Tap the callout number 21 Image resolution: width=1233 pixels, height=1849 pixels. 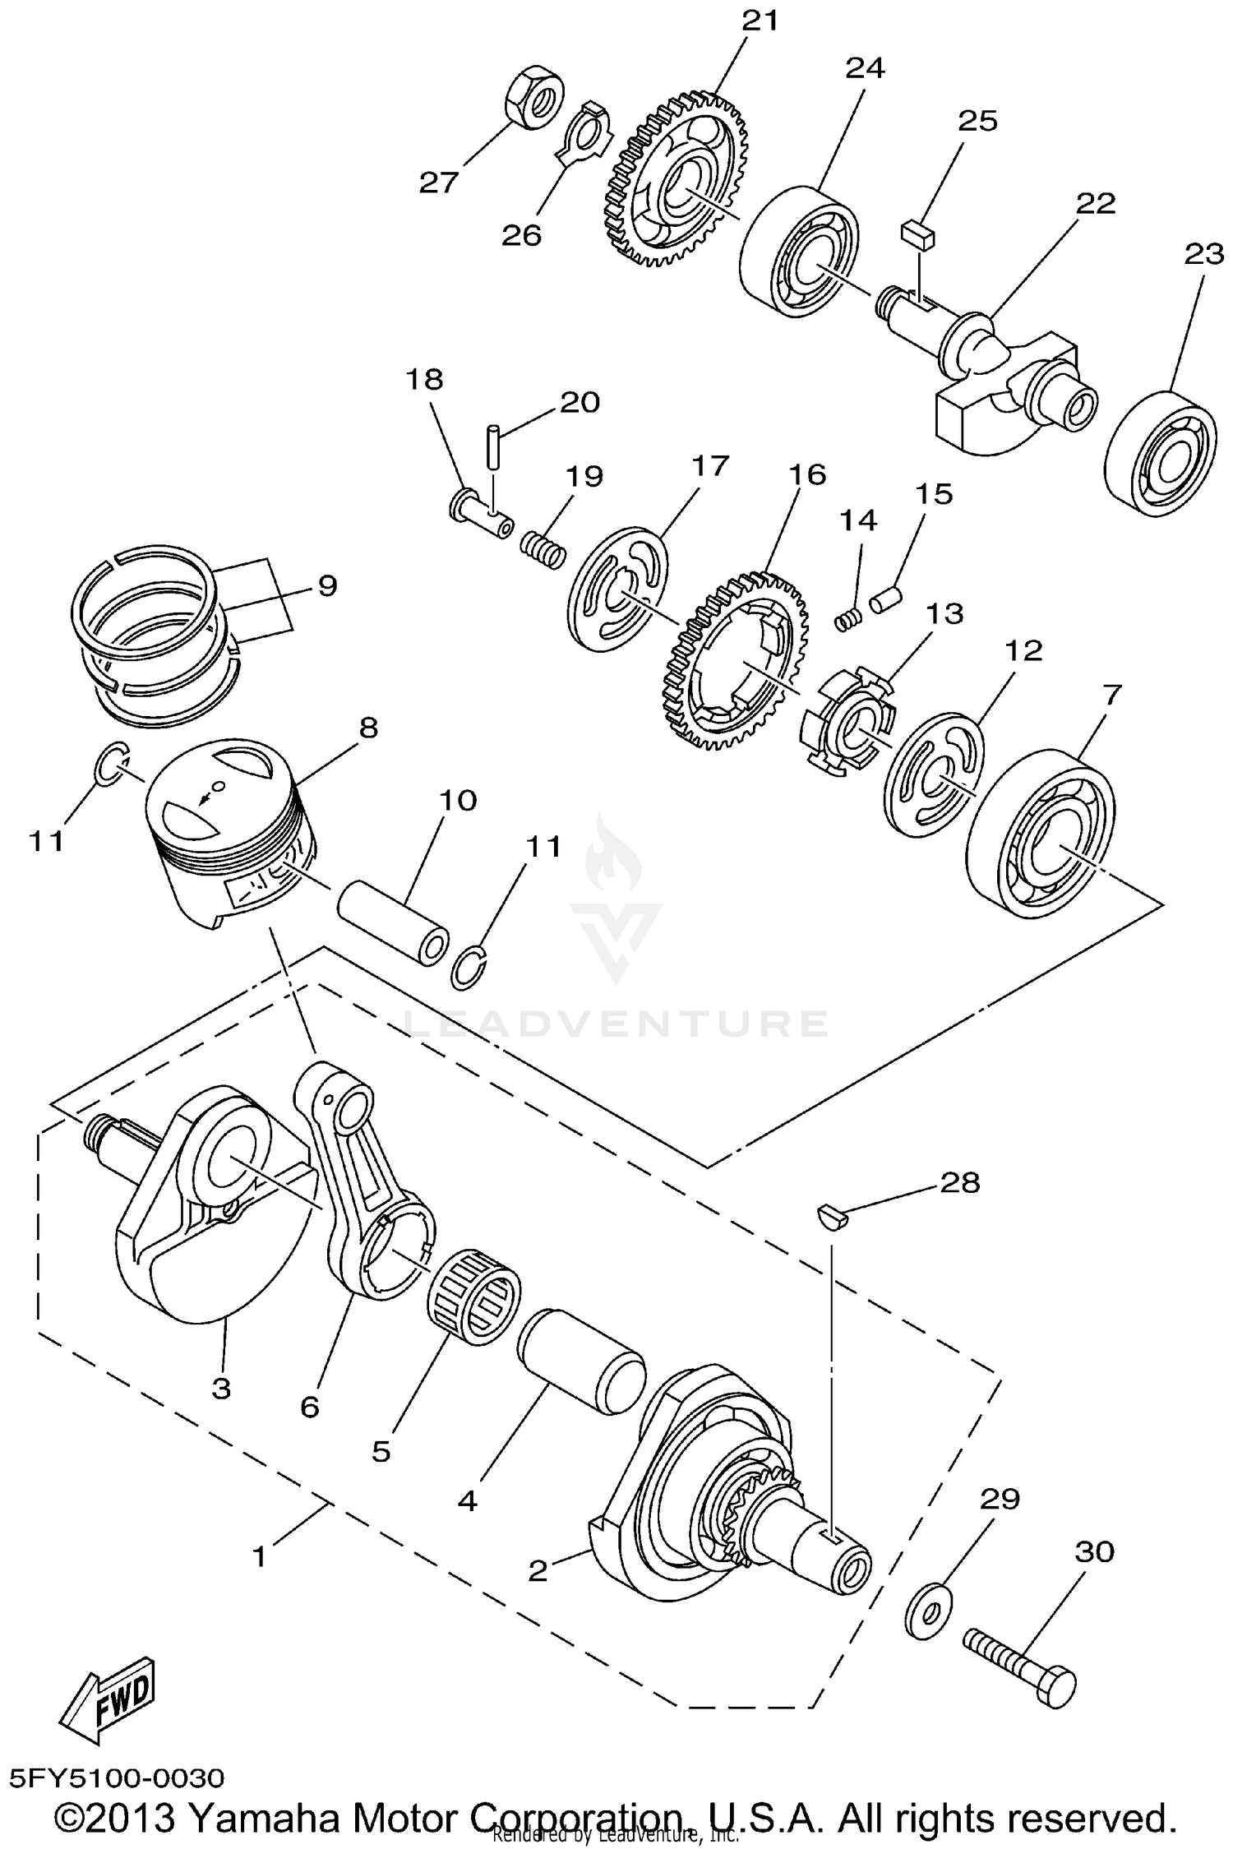(760, 21)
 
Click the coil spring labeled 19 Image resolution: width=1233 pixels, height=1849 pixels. (544, 548)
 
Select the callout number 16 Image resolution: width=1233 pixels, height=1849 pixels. (807, 474)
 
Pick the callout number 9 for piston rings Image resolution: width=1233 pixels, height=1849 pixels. (327, 586)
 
